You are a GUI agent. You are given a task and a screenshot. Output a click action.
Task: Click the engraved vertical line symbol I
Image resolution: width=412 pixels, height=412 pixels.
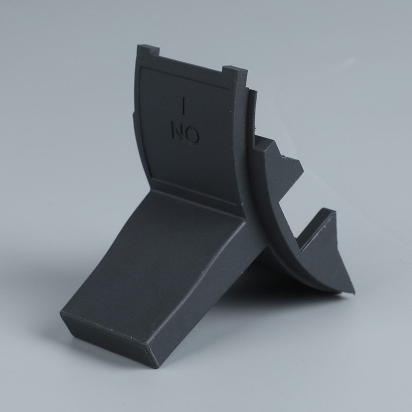pos(184,107)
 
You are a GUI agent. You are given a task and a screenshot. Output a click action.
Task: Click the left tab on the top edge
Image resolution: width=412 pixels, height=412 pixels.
pos(148,50)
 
